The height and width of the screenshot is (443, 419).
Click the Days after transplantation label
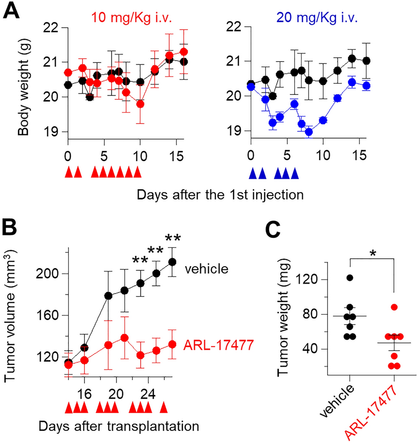(x=119, y=426)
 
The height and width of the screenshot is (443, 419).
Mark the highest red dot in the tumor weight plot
(x=394, y=307)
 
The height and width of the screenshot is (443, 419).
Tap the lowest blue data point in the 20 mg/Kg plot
(x=309, y=132)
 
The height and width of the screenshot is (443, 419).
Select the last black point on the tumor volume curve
(x=172, y=262)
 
